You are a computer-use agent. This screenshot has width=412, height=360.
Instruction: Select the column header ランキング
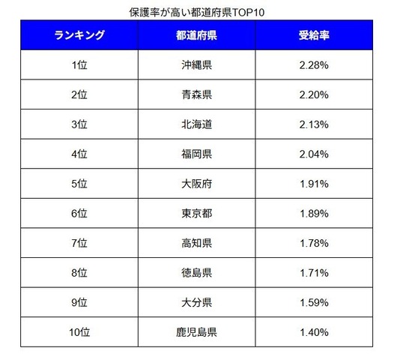click(x=79, y=35)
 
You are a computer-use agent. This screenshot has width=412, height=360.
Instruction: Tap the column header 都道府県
click(x=196, y=35)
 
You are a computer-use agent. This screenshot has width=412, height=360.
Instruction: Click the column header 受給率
click(x=314, y=35)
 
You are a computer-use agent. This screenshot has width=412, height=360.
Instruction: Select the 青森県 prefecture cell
click(x=196, y=95)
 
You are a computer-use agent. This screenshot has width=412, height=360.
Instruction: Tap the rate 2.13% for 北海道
click(x=314, y=124)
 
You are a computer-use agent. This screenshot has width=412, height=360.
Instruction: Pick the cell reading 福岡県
click(x=196, y=154)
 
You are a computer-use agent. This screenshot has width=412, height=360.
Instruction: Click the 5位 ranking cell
click(x=79, y=184)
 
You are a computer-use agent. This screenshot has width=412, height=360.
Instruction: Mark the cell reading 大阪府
click(x=196, y=184)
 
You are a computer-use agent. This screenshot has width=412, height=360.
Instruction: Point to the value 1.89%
click(x=314, y=214)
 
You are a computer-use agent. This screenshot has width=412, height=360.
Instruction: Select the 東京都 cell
click(x=196, y=214)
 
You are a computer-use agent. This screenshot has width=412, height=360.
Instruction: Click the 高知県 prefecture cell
click(x=196, y=243)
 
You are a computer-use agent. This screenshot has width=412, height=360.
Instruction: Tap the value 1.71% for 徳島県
click(x=314, y=272)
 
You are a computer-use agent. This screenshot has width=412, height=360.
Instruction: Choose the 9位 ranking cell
click(x=79, y=301)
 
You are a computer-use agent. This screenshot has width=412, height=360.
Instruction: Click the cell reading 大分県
click(x=196, y=301)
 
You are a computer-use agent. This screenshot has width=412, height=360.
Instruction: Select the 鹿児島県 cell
click(x=196, y=331)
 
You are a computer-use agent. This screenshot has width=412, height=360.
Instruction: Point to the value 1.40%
click(x=314, y=331)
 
